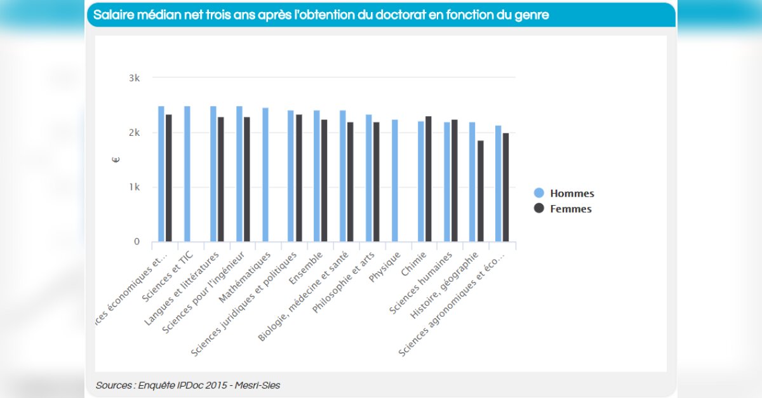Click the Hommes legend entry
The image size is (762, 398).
[x=564, y=194]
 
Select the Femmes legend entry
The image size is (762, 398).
[x=563, y=209]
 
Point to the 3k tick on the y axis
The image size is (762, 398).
[x=134, y=78]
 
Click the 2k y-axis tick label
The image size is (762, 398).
[x=134, y=133]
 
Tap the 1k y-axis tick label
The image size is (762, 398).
[x=134, y=187]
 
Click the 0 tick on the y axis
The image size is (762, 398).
[x=137, y=242]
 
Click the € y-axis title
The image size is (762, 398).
[x=116, y=159]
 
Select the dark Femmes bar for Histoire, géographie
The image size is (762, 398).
[x=480, y=191]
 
